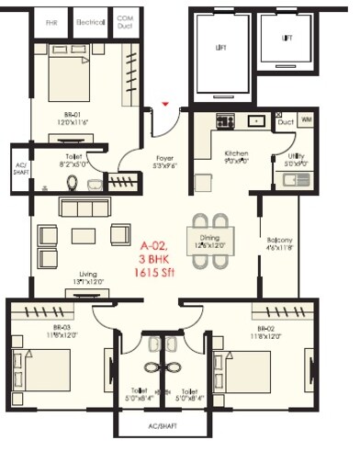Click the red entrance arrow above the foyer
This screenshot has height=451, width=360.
pyautogui.click(x=164, y=105)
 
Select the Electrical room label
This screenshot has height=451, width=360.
pyautogui.click(x=90, y=19)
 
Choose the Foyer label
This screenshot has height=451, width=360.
pyautogui.click(x=165, y=157)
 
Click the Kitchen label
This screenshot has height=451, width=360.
pyautogui.click(x=217, y=157)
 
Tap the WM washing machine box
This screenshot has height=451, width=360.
pyautogui.click(x=305, y=120)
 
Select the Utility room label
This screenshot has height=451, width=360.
pyautogui.click(x=295, y=157)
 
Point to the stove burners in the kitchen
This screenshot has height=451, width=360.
pyautogui.click(x=226, y=121)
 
